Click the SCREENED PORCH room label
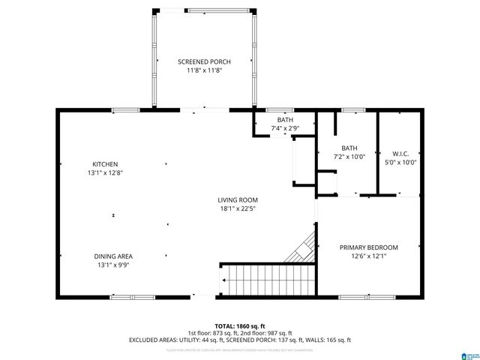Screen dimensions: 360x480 (204, 61)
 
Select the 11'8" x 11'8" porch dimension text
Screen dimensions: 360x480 (204, 70)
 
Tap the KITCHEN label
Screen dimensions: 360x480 (105, 164)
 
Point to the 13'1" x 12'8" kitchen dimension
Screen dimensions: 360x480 (105, 173)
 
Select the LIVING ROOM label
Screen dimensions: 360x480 (238, 199)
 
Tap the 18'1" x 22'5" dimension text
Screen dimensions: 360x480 (238, 208)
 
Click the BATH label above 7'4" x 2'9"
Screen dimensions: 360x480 (285, 120)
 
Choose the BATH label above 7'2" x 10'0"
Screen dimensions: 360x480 (349, 148)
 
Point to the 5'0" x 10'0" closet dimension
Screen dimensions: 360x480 (400, 161)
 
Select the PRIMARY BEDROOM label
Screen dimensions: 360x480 (368, 247)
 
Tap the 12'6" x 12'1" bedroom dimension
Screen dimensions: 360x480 (368, 256)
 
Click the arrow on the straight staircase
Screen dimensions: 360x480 (224, 281)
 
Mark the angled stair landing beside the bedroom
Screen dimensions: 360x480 (301, 250)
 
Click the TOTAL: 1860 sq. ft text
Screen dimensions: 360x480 (240, 324)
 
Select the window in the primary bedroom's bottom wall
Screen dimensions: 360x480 (368, 298)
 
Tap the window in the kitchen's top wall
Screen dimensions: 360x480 (125, 110)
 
